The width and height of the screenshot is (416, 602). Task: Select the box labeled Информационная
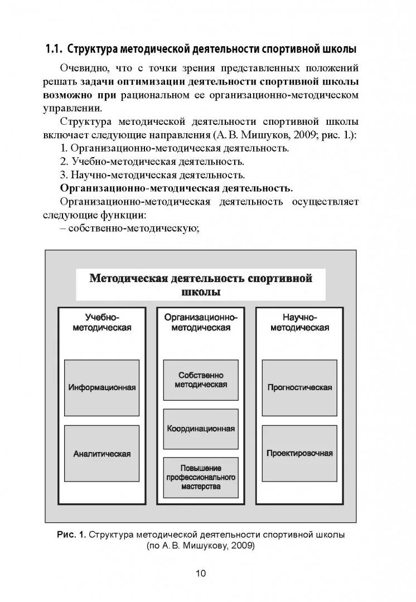click(x=102, y=387)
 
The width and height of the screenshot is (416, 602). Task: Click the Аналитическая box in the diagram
click(x=102, y=453)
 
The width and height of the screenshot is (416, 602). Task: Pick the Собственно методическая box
click(x=201, y=380)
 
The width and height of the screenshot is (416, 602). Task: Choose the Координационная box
click(x=201, y=429)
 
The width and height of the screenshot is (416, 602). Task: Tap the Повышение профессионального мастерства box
click(x=201, y=478)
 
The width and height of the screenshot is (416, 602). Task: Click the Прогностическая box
click(x=299, y=387)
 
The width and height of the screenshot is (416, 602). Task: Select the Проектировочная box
click(x=299, y=453)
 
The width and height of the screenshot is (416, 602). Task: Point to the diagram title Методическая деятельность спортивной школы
click(x=201, y=285)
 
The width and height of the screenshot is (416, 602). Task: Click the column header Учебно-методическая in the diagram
click(x=102, y=322)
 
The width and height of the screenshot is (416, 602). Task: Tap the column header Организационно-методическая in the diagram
click(x=201, y=322)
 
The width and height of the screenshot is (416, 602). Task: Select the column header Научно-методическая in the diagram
click(x=299, y=322)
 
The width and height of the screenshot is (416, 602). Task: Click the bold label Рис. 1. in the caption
click(x=71, y=535)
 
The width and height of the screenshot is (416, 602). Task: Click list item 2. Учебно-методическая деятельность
click(x=152, y=162)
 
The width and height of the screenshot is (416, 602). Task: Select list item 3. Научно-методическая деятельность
click(x=152, y=175)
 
